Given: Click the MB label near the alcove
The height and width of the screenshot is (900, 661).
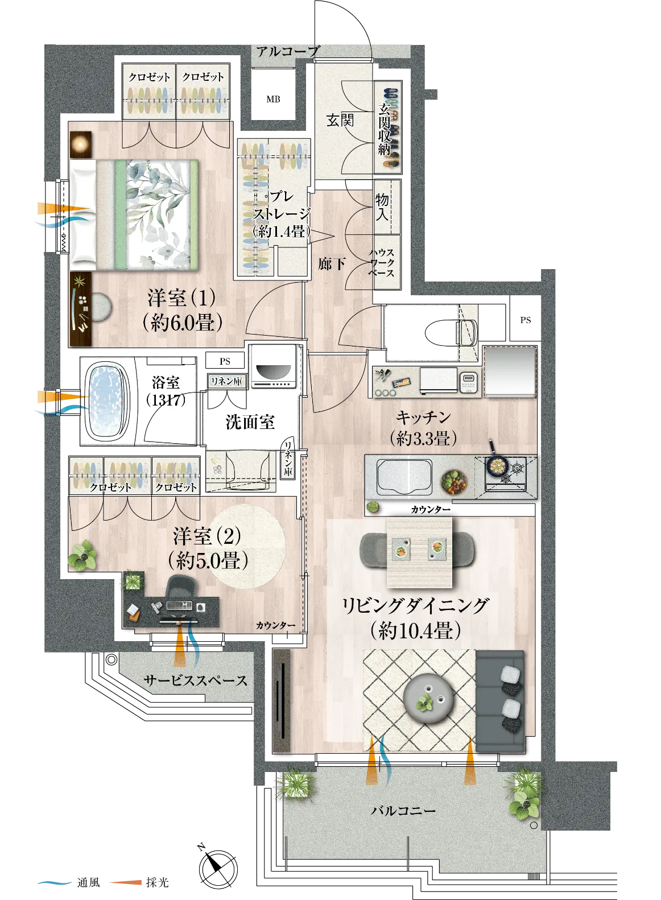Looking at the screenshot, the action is coord(273,99).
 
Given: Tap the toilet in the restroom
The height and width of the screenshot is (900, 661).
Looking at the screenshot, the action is coord(451,332).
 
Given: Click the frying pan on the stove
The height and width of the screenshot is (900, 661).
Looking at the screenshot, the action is coord(497,462).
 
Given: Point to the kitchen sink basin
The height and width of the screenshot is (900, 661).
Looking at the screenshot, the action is coord(404,477).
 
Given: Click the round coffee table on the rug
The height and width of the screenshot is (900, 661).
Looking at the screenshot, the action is coord(428,699).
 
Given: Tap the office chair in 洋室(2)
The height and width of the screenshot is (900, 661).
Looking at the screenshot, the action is coord(181,589).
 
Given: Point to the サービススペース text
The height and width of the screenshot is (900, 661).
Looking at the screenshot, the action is coord(195,681).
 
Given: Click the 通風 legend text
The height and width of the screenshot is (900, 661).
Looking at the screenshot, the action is coord(88,882).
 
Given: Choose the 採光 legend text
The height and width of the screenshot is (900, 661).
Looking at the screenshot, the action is coord(157,882).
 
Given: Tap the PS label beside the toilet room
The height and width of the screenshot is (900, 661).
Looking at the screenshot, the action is coord(525,320).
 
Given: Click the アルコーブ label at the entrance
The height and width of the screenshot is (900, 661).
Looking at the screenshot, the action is coord(288,51).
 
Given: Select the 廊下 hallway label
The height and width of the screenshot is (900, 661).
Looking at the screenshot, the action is coord(332,264).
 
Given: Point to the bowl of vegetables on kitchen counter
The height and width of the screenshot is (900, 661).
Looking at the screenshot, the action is coord(454,481).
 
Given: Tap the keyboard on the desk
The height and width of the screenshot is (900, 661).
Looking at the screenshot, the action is coord(179,605).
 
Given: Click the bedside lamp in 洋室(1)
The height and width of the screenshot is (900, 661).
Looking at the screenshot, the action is coord(81,144).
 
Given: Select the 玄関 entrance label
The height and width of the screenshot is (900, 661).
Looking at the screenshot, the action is coord(340,120).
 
